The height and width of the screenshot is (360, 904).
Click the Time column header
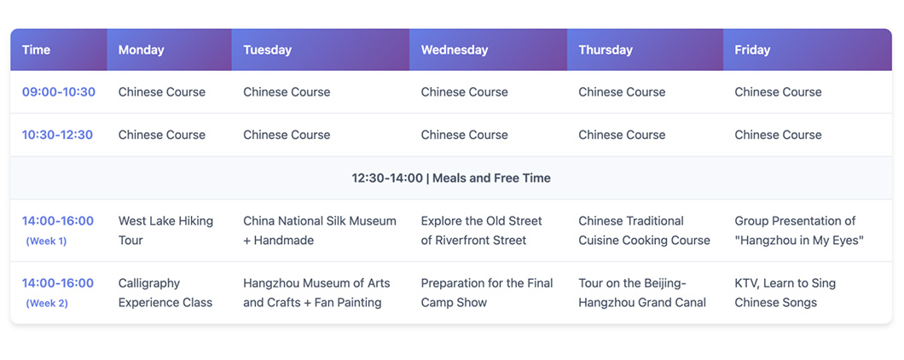pos(37,49)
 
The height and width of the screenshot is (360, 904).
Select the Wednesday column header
pos(454,49)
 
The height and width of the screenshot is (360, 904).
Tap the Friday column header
pos(752,49)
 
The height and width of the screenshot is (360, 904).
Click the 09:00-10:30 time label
pos(58,92)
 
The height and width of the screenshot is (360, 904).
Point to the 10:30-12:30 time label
pos(58,135)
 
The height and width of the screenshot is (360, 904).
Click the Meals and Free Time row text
pos(451,177)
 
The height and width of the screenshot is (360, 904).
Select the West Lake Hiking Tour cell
pos(165,230)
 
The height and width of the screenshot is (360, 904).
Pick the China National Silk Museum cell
pos(320,230)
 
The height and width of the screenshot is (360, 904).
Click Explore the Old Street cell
pos(482,230)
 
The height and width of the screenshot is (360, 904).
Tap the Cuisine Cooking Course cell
pos(644,230)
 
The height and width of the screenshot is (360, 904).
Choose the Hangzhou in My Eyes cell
pos(799,230)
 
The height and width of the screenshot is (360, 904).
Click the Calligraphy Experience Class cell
pos(165,293)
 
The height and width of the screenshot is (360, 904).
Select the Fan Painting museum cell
pos(316,293)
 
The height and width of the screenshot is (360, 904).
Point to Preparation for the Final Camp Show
pos(487,293)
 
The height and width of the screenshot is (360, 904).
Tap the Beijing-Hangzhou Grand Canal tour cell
pos(642,293)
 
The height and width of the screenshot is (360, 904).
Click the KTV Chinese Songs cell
pos(785,293)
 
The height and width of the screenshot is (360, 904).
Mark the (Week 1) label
pos(46,241)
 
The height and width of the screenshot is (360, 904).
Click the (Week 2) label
pos(46,303)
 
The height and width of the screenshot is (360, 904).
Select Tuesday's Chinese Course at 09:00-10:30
pos(287,92)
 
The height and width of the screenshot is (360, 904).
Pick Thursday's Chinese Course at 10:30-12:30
pos(622,135)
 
